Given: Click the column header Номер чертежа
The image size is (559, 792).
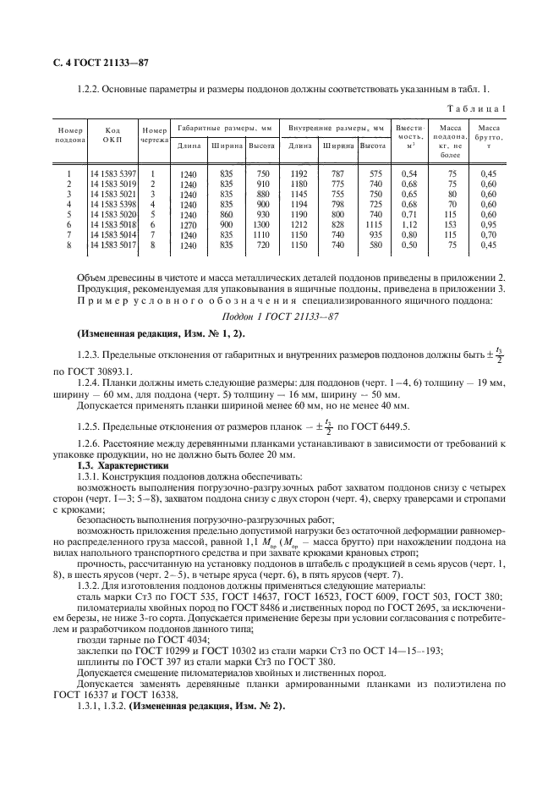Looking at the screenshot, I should coord(154,135).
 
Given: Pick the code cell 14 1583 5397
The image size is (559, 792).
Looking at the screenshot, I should coord(112,173).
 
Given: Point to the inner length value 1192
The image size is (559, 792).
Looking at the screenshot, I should coord(299,173).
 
